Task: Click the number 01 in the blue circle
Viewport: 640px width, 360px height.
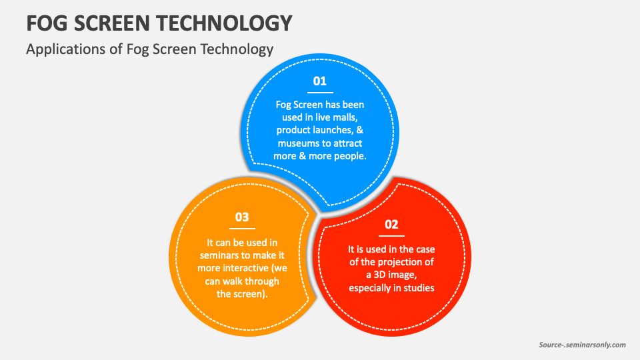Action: tap(319, 81)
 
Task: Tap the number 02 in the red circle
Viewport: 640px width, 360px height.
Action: tap(391, 225)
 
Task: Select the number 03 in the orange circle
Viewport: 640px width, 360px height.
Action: tap(242, 217)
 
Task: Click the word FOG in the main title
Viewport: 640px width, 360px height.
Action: tap(47, 23)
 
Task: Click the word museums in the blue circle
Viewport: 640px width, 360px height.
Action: tap(297, 143)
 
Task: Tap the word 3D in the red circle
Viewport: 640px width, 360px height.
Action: tap(380, 275)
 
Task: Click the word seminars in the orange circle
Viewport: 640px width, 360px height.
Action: tap(219, 255)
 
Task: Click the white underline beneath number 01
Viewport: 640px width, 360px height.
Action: tap(320, 93)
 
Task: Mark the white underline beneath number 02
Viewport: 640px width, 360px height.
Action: tap(391, 236)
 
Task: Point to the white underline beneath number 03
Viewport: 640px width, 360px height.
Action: tap(242, 229)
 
